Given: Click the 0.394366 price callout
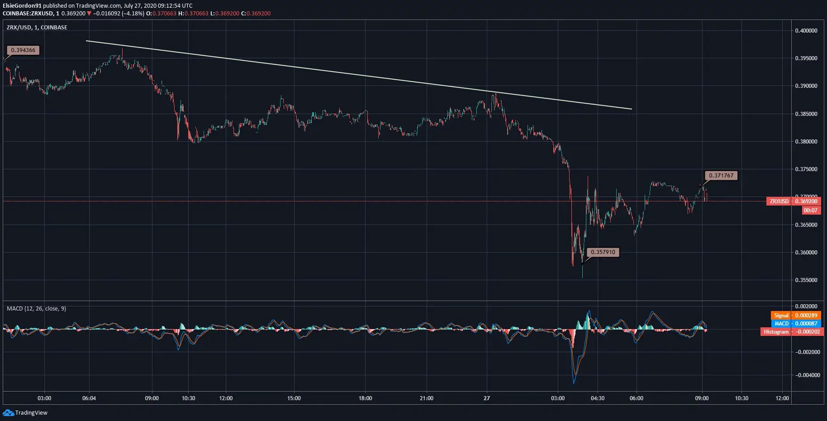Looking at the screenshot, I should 23,50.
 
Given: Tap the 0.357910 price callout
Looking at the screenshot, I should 603,252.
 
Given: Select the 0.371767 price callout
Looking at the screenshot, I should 721,176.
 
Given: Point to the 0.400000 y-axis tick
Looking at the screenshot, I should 806,31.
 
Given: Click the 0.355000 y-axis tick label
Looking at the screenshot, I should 806,280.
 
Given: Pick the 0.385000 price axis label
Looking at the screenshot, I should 806,114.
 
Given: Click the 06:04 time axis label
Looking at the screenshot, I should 89,398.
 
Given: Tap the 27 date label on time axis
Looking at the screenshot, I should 486,398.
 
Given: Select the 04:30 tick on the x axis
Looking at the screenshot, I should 598,398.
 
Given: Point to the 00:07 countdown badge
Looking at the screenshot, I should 810,210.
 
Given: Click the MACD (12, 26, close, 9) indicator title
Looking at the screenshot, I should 36,309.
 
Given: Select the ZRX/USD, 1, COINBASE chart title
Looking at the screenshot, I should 37,28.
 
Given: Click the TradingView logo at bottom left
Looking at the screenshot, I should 25,413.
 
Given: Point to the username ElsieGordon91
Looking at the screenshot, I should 22,6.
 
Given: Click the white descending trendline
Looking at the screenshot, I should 359,75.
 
